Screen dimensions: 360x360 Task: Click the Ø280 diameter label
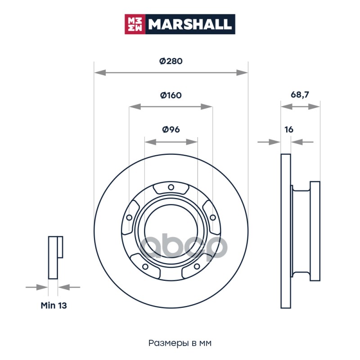point(171,61)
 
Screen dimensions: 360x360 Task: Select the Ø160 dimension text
point(171,95)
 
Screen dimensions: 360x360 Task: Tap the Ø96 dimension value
point(171,130)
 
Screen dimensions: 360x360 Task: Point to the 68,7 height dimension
point(300,94)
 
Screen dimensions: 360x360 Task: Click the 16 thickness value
point(289,130)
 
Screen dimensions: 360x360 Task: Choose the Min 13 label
point(54,306)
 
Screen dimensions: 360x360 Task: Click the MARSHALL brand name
point(189,24)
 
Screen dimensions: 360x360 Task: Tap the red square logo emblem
point(135,24)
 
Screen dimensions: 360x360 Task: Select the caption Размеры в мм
point(180,343)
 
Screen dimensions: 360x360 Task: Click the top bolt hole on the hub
point(171,187)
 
